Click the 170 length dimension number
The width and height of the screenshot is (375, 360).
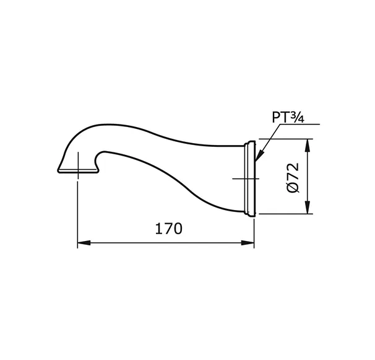point(168,229)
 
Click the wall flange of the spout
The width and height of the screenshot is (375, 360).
point(251,178)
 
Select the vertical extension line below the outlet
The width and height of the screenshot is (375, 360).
point(77,211)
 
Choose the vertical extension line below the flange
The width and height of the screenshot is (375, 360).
point(254,232)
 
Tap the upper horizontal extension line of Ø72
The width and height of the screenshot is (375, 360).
point(285,139)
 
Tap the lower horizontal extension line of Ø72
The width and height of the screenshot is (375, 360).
point(285,214)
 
